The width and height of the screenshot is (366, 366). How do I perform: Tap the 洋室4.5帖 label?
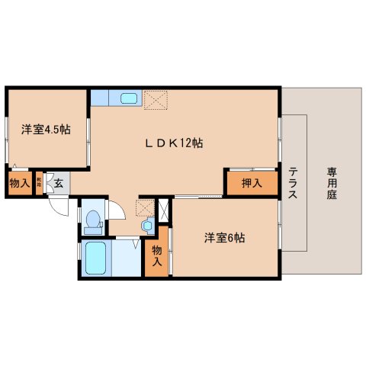(x=46, y=130)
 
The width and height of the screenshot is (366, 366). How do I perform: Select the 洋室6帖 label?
(x=223, y=237)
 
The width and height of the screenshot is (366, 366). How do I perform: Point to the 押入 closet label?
(x=252, y=183)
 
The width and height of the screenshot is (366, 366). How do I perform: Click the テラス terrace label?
(x=294, y=183)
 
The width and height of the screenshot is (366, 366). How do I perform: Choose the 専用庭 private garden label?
(x=332, y=183)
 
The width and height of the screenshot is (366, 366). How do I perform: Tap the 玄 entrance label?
(x=58, y=183)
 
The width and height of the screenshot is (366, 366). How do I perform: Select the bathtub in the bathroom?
(x=95, y=259)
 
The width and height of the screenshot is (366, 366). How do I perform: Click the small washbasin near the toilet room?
(x=147, y=224)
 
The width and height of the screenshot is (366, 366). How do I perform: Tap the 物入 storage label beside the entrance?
(x=20, y=184)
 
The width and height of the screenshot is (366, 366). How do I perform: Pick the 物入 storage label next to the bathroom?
(x=157, y=255)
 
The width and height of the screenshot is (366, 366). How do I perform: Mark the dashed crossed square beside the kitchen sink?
(x=155, y=99)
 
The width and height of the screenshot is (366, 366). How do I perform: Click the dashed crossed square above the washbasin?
(x=145, y=208)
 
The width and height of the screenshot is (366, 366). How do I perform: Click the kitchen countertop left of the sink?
(x=104, y=98)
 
